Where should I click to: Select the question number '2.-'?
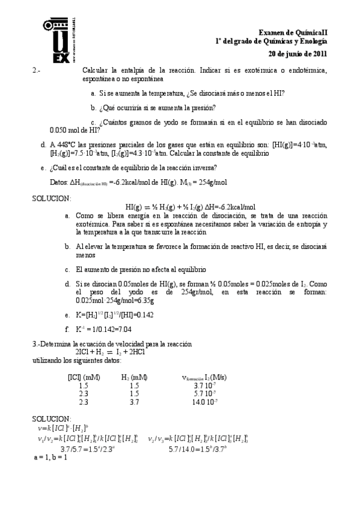[37, 71]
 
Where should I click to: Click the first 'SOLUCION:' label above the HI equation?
[51, 198]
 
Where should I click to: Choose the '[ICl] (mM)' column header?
[84, 377]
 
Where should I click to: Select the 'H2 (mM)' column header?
[134, 377]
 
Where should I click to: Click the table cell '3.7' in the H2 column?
[134, 402]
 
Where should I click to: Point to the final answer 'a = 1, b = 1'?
[50, 458]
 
